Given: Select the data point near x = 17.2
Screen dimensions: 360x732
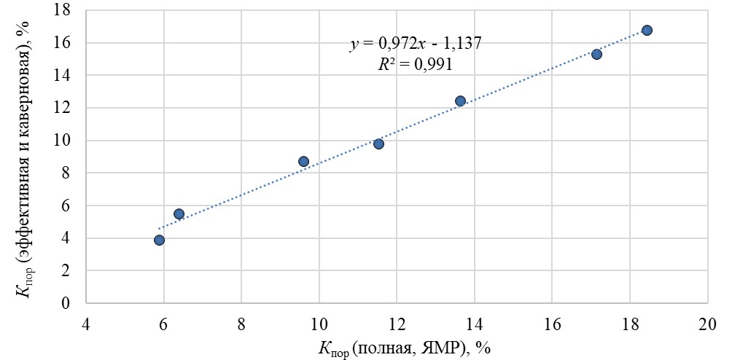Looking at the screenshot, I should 596,55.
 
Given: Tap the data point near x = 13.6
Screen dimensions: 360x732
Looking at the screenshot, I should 460,101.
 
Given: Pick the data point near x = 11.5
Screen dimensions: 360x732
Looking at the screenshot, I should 378,144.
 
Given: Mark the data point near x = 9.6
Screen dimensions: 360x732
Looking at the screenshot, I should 303,162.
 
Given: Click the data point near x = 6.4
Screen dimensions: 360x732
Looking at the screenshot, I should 179,214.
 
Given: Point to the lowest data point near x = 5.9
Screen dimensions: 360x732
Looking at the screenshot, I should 159,240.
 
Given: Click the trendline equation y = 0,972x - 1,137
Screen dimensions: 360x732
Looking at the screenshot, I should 415,44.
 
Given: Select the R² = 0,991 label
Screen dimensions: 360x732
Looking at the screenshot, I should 415,64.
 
